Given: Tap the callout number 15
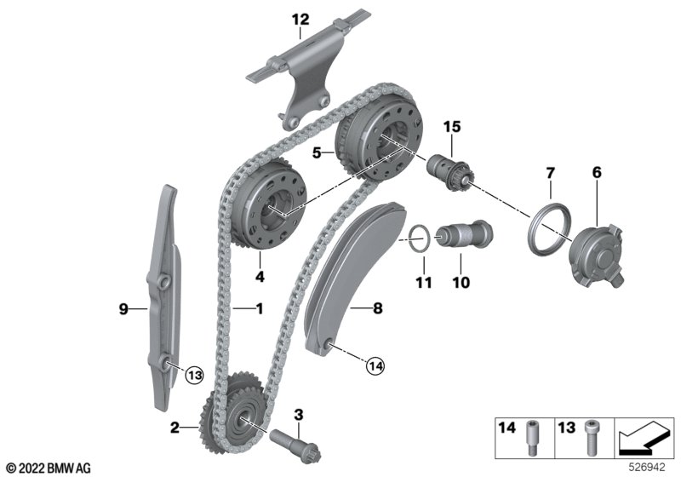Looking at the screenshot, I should click(450, 127).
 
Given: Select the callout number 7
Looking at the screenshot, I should click(551, 173).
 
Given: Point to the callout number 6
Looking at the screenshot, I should click(597, 173).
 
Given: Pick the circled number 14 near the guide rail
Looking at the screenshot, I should click(375, 366).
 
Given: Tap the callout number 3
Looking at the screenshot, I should click(298, 415).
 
